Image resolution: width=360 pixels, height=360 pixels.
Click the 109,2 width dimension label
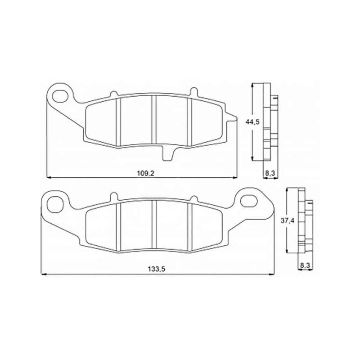pyautogui.click(x=145, y=173)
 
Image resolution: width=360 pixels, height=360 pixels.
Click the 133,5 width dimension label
pyautogui.click(x=157, y=269)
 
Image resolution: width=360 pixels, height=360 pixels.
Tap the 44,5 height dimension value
pyautogui.click(x=252, y=122)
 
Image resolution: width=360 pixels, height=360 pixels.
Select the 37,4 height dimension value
pyautogui.click(x=288, y=221)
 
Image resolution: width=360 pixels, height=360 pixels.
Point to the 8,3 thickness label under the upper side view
pyautogui.click(x=270, y=173)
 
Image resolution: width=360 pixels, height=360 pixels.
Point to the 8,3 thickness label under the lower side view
pyautogui.click(x=305, y=265)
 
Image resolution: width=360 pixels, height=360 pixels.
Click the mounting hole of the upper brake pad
pyautogui.click(x=60, y=96)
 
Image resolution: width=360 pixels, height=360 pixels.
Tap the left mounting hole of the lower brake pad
pyautogui.click(x=55, y=204)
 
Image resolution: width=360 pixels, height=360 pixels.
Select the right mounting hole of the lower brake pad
pyautogui.click(x=248, y=200)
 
